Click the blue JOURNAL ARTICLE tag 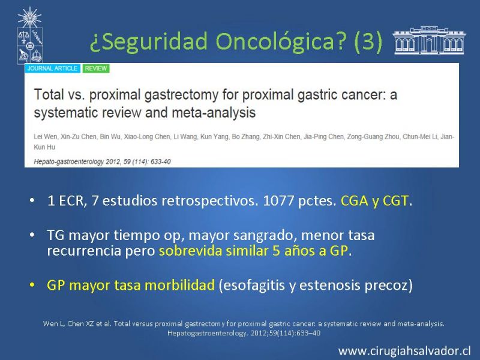(x=52, y=68)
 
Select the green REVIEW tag (x=96, y=68)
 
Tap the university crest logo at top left (x=29, y=35)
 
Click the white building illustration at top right (x=429, y=40)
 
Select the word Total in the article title (x=49, y=94)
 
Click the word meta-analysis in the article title (x=214, y=112)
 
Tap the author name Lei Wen (x=46, y=137)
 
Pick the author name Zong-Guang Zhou (x=373, y=137)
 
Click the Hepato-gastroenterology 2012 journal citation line (x=102, y=161)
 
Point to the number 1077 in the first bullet (x=278, y=201)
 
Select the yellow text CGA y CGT (x=374, y=201)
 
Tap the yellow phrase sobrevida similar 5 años (x=236, y=251)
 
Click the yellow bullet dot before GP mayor (x=32, y=285)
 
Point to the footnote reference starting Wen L (x=244, y=328)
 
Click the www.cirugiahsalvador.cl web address (x=404, y=351)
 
